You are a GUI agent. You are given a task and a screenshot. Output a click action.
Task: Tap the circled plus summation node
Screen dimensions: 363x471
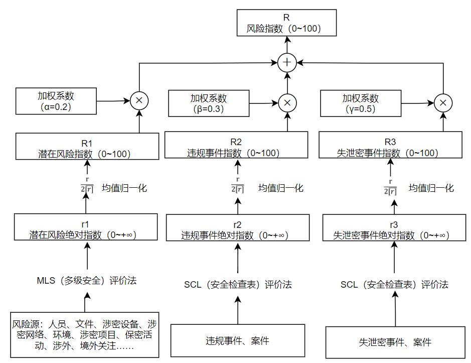287,62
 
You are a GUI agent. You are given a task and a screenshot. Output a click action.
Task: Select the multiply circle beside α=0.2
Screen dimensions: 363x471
139,101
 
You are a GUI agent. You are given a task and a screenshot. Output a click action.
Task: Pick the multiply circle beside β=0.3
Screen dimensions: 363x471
287,102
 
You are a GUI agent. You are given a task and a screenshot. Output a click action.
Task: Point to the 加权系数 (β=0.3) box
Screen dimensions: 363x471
208,103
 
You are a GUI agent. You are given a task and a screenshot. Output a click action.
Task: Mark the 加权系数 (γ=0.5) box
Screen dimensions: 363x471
361,103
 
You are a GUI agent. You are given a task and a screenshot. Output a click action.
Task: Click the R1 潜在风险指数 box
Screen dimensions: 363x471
87,147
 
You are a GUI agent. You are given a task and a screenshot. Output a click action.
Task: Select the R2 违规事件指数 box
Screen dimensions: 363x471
236,147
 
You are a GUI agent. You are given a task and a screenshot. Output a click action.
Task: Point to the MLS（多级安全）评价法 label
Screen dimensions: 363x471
87,281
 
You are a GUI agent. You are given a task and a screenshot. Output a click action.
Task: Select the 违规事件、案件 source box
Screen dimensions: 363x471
238,341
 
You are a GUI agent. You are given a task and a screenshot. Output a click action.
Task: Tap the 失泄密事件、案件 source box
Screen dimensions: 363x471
395,342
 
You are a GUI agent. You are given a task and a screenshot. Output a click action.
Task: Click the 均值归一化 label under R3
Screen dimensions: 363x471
431,188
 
